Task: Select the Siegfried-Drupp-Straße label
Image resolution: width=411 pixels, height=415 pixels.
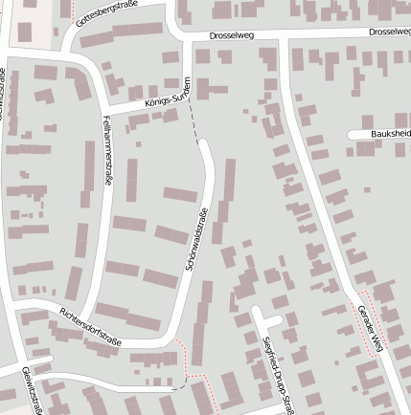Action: [275, 372]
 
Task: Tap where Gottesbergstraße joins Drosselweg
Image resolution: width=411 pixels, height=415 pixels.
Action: [182, 35]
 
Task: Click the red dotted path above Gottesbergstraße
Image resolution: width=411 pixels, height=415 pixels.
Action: [74, 10]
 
